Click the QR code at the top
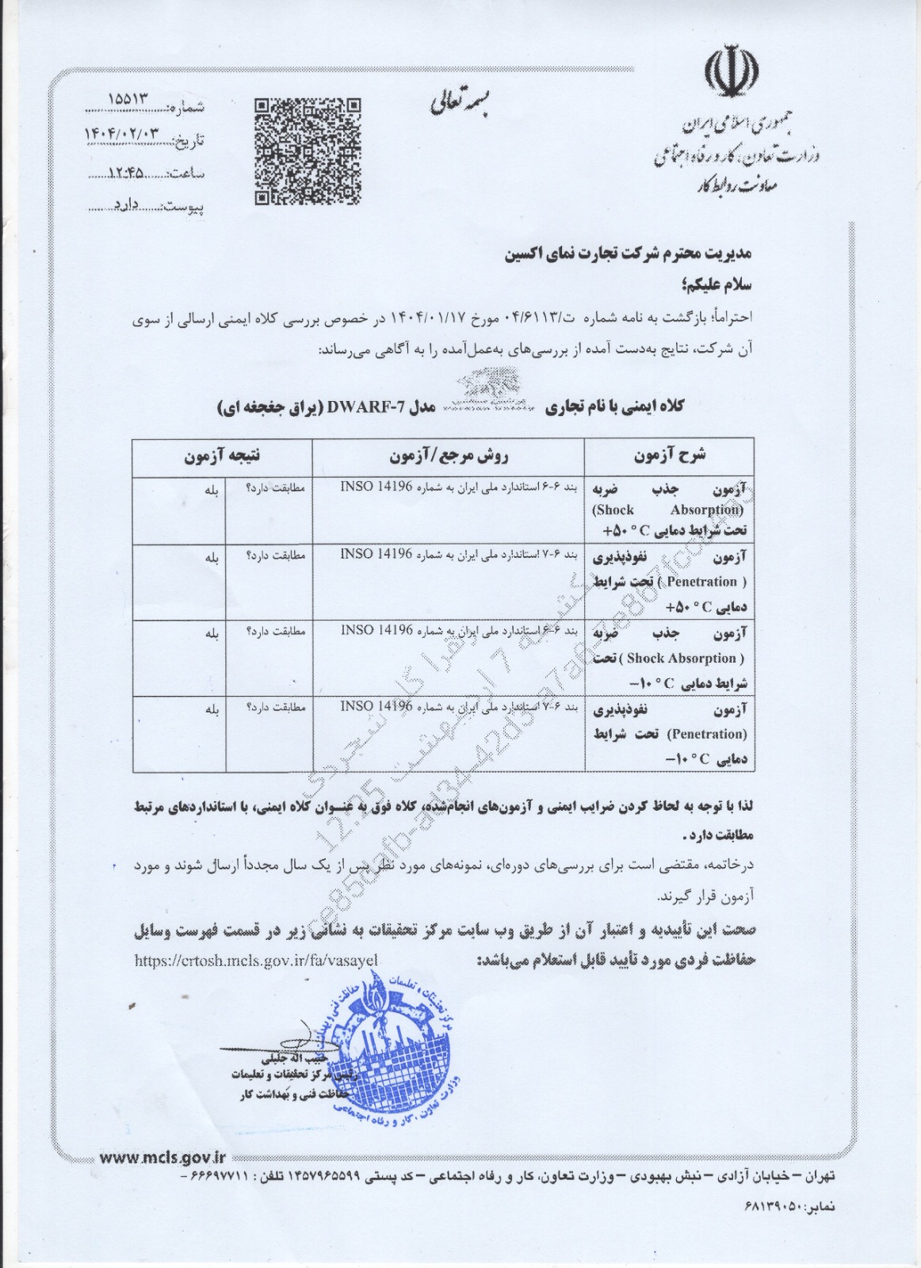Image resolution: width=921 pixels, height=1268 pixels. pyautogui.click(x=308, y=151)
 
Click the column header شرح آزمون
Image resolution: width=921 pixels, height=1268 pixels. pyautogui.click(x=669, y=456)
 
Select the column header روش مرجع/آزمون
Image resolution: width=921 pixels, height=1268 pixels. pyautogui.click(x=448, y=456)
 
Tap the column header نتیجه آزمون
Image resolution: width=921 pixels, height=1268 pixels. pyautogui.click(x=222, y=456)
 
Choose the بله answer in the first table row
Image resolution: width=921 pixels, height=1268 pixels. pyautogui.click(x=211, y=490)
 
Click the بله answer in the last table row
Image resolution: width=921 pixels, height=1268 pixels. pyautogui.click(x=211, y=708)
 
